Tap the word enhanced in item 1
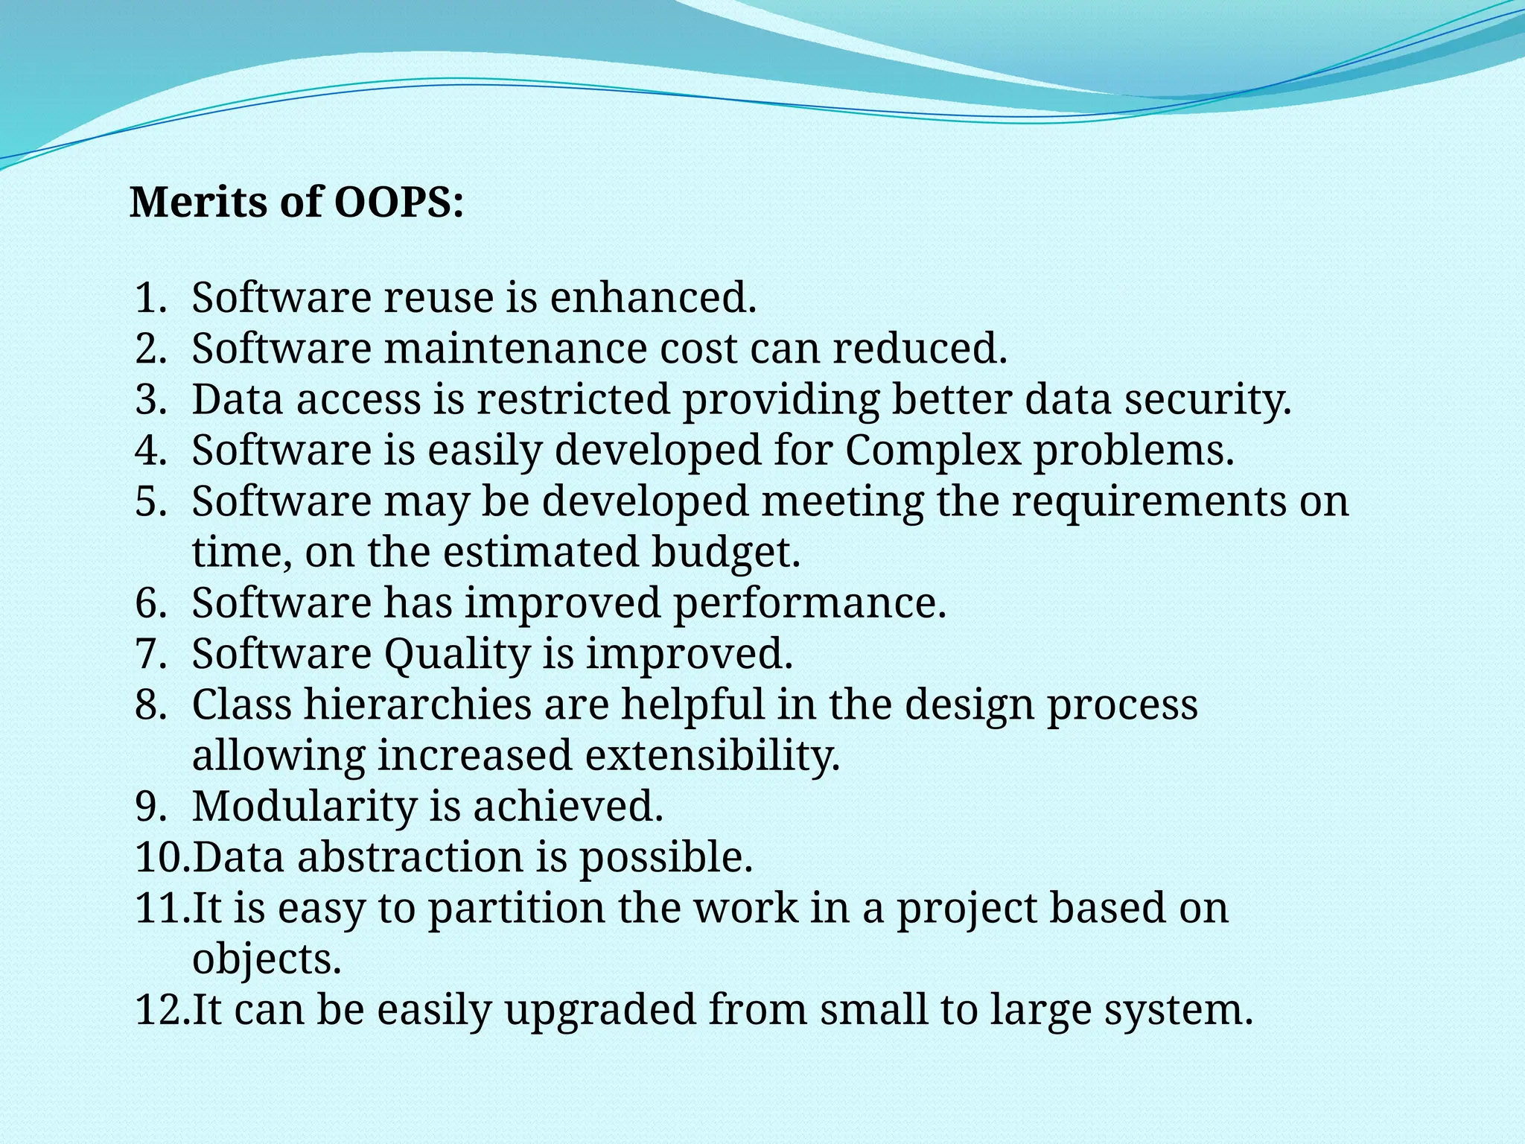point(652,298)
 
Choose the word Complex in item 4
point(932,451)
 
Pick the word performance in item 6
point(809,603)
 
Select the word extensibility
point(713,756)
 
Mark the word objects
point(267,959)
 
